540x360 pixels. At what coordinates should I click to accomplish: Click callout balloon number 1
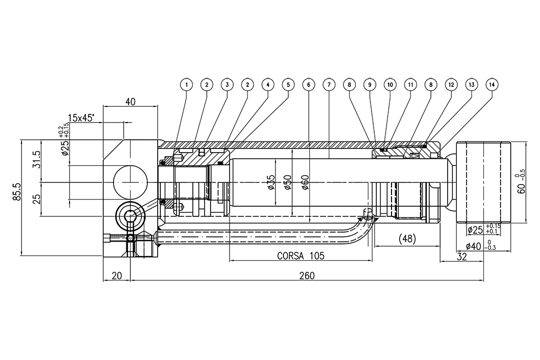[186, 85]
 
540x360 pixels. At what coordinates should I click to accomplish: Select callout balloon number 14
[491, 85]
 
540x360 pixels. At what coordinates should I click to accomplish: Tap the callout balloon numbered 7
[328, 85]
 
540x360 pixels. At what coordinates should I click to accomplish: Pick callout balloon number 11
[410, 85]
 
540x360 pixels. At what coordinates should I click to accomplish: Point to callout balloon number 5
[288, 85]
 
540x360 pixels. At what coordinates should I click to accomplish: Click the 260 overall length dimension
[306, 275]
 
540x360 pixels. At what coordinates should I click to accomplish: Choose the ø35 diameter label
[272, 183]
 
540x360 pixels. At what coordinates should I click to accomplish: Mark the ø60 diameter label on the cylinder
[305, 183]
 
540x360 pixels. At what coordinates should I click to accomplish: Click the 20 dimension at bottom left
[116, 275]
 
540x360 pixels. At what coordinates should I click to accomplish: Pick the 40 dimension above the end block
[130, 101]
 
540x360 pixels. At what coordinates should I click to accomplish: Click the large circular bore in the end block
[130, 182]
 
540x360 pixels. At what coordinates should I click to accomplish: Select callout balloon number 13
[471, 85]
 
